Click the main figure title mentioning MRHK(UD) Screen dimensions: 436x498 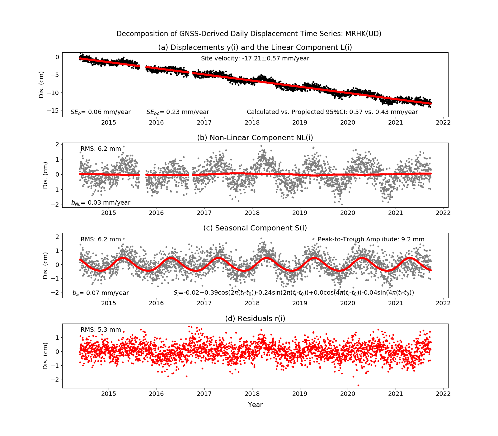(x=249, y=34)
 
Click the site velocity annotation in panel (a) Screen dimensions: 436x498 (x=255, y=59)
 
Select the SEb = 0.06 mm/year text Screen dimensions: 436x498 (x=101, y=112)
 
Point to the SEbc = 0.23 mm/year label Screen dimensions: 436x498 (x=178, y=112)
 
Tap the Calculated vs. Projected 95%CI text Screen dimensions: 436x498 (x=332, y=112)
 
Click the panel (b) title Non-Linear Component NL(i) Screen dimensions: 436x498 (x=255, y=138)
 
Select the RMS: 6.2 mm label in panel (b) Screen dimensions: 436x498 (x=101, y=149)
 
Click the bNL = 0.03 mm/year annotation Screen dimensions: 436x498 (x=101, y=203)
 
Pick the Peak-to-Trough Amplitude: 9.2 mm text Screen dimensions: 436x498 (x=371, y=239)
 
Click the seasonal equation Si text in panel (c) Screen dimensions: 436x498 (x=294, y=293)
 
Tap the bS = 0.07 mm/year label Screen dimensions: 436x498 (x=101, y=293)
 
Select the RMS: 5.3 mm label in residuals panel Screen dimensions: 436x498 (x=101, y=330)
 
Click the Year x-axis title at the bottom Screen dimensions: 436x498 (x=255, y=405)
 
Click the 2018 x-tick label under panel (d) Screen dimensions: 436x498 (x=252, y=394)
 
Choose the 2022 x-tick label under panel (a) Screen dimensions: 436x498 (x=443, y=123)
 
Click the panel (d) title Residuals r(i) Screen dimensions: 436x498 (x=255, y=319)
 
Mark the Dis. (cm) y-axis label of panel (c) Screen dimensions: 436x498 (x=46, y=265)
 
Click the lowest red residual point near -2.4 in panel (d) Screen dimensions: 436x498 (x=358, y=385)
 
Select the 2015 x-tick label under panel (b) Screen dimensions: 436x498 (x=109, y=213)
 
